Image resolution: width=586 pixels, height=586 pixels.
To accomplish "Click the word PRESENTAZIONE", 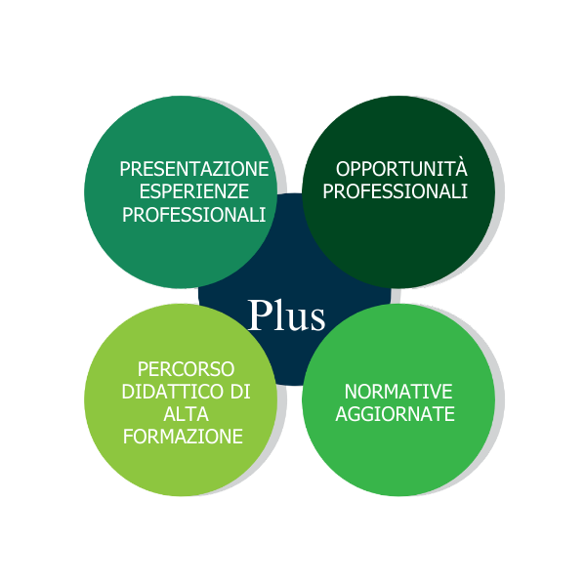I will (193, 169).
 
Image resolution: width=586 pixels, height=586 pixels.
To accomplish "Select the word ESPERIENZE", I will (193, 191).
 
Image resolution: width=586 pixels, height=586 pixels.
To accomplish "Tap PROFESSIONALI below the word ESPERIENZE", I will (193, 214).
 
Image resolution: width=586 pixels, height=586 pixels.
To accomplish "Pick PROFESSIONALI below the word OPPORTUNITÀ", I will (395, 191).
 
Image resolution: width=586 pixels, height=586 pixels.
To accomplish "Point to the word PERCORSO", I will (186, 369).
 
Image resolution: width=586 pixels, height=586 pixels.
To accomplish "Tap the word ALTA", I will (186, 414).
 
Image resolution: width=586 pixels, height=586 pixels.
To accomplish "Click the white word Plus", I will (285, 315).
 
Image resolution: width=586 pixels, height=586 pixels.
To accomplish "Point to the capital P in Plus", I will (259, 315).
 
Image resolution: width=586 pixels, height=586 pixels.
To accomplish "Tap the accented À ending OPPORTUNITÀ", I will (461, 167).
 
